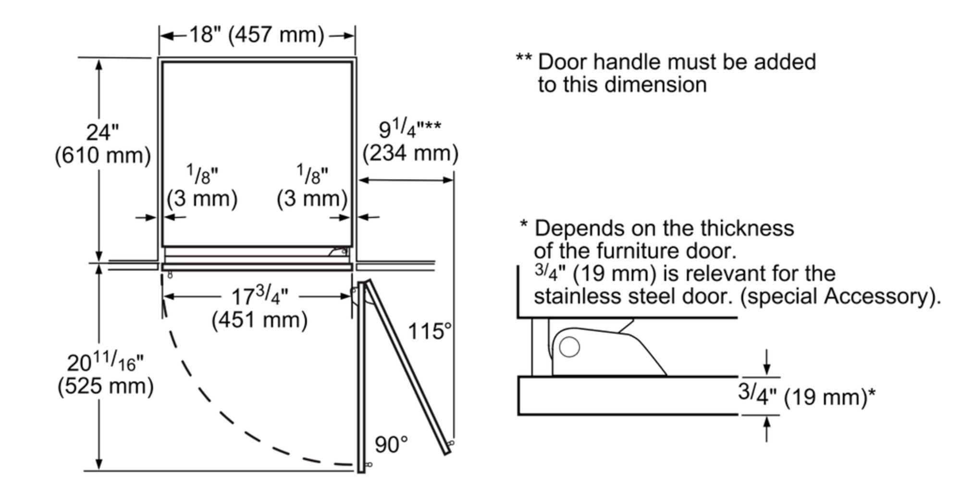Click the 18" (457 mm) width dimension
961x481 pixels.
[257, 35]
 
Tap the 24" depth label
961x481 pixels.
[102, 132]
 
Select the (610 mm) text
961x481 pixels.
[102, 156]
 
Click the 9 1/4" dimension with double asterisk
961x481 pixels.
[409, 129]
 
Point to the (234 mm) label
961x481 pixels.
[410, 153]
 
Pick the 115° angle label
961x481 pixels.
[430, 331]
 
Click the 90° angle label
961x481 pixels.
[391, 445]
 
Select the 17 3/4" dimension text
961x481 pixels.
[259, 296]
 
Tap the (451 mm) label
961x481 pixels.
[259, 320]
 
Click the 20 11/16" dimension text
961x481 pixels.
[105, 362]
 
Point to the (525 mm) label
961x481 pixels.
[105, 386]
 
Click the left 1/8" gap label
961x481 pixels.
[202, 175]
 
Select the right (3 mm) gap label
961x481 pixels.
[312, 199]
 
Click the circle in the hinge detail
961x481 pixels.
[569, 347]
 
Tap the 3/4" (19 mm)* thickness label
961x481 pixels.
[806, 396]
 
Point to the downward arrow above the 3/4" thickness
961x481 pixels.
[766, 362]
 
